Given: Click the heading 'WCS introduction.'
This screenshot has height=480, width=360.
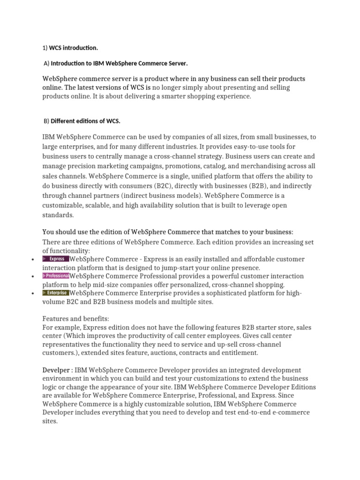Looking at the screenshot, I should click(x=74, y=48).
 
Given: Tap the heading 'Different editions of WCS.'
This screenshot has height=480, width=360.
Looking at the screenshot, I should click(x=85, y=121).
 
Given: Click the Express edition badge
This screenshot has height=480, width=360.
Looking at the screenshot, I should click(x=56, y=259).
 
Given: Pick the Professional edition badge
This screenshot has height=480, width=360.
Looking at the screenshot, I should click(x=56, y=276).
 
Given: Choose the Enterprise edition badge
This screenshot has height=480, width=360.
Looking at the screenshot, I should click(x=56, y=292).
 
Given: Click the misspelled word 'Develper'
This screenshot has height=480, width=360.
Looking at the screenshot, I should click(x=56, y=370).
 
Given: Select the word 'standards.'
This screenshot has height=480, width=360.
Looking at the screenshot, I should click(x=58, y=215).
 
